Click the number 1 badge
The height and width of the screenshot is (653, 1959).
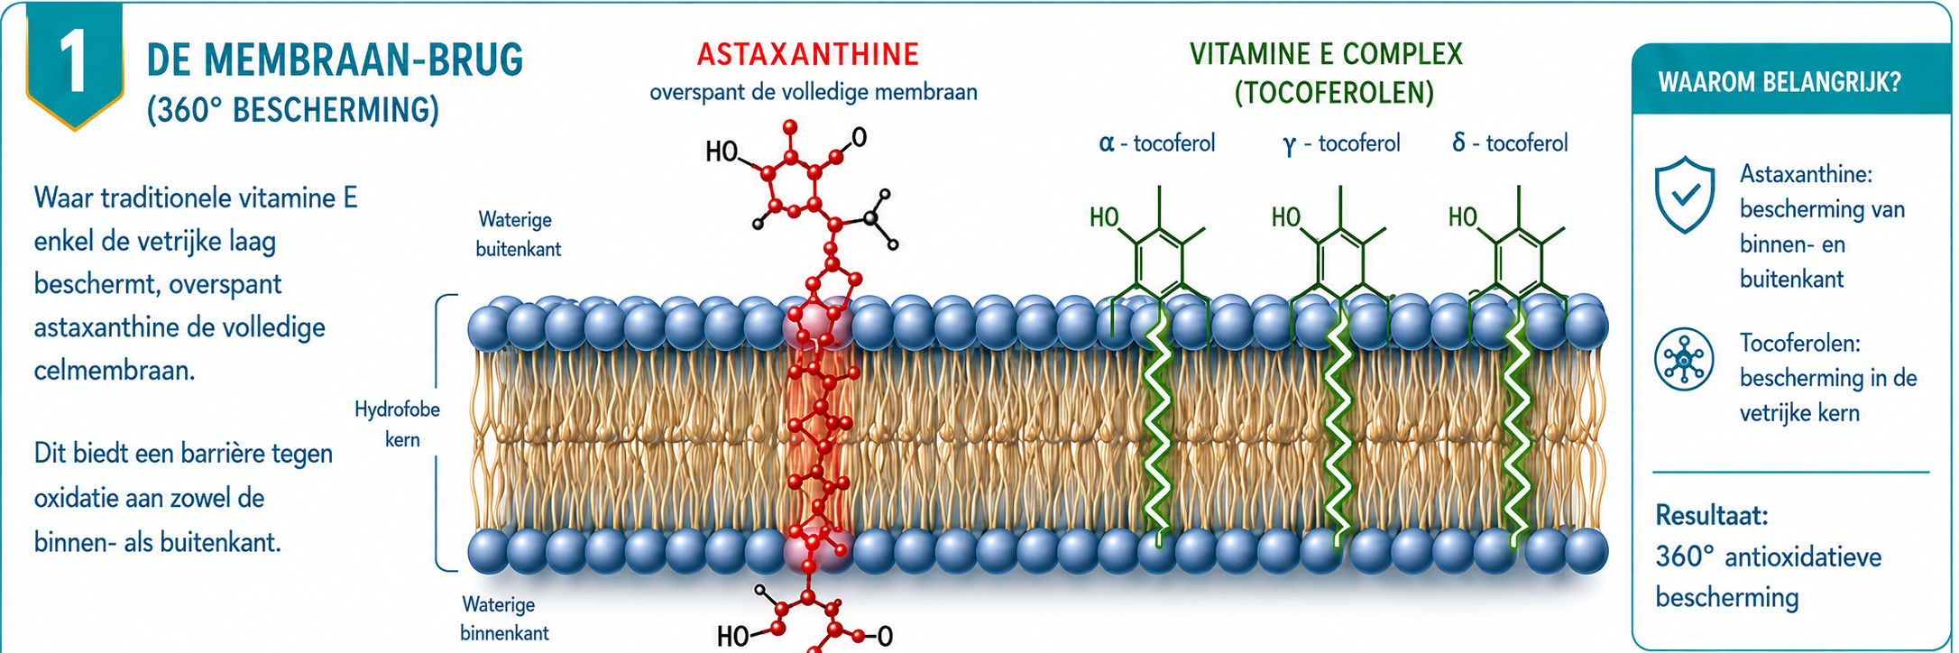click(x=75, y=63)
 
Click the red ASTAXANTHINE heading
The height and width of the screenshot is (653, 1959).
click(x=808, y=54)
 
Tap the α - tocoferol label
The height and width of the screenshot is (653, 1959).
click(x=1156, y=143)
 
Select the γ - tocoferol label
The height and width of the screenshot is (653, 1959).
click(x=1341, y=143)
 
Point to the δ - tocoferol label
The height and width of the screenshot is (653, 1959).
click(x=1510, y=143)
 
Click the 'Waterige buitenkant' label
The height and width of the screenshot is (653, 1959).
click(x=518, y=234)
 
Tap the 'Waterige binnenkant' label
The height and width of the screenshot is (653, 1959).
click(x=504, y=619)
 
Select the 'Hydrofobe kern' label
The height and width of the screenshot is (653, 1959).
click(x=398, y=424)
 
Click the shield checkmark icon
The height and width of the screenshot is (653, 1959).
click(x=1685, y=195)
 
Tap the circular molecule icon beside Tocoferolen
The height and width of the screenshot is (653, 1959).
click(x=1684, y=359)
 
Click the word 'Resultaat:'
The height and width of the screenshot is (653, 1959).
click(x=1712, y=516)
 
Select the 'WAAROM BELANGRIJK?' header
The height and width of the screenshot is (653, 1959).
click(x=1780, y=83)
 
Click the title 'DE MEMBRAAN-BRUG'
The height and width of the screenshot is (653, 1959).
click(x=335, y=60)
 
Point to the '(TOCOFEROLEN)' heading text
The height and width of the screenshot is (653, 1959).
click(x=1334, y=93)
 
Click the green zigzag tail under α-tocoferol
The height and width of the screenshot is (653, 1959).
click(x=1156, y=424)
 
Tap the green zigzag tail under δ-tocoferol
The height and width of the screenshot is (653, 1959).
click(x=1516, y=424)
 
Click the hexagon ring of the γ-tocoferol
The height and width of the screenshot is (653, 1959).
click(x=1340, y=262)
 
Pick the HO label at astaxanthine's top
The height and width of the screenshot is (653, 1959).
click(x=722, y=152)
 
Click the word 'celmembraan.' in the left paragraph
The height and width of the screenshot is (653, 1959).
click(x=115, y=371)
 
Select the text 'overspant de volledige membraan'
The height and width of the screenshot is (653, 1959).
click(x=814, y=92)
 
